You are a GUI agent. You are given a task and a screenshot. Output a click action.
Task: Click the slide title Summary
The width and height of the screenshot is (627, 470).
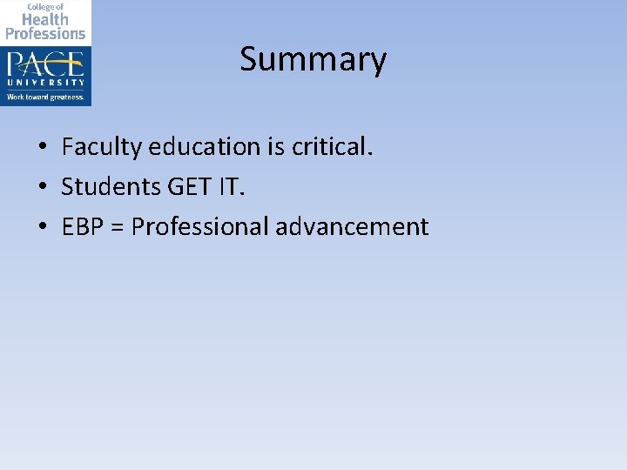(313, 60)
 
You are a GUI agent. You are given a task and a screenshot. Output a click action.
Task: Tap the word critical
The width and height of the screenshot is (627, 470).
(333, 147)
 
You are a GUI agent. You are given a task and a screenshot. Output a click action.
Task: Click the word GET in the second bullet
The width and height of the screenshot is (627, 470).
(181, 187)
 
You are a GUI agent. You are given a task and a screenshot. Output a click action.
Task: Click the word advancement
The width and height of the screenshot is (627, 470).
(352, 227)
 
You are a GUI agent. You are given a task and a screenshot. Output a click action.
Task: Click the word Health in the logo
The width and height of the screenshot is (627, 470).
(45, 19)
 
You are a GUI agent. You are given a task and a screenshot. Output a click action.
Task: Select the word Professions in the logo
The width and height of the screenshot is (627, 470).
(45, 33)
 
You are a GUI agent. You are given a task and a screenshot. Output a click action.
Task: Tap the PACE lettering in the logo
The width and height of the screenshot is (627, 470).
(45, 64)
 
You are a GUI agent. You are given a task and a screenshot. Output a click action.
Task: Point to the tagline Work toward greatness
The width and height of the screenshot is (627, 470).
(45, 97)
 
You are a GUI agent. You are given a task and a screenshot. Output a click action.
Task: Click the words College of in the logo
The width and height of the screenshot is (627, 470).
(45, 6)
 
